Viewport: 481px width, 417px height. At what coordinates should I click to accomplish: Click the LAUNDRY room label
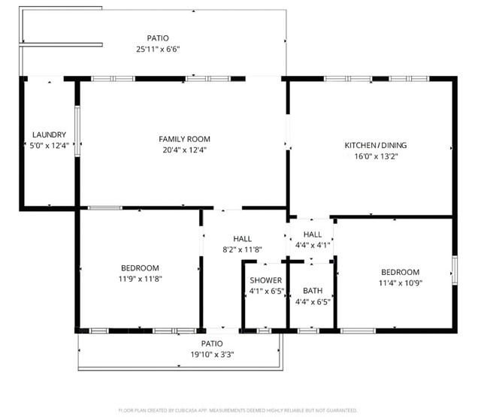[x=49, y=135]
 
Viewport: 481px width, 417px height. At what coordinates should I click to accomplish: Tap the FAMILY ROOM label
[x=184, y=139]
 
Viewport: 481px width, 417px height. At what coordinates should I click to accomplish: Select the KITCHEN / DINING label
[x=371, y=145]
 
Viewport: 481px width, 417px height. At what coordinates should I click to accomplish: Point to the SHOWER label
[x=265, y=280]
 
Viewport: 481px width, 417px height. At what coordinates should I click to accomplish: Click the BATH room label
[x=313, y=291]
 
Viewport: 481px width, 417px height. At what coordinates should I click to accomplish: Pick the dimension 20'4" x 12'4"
[x=184, y=150]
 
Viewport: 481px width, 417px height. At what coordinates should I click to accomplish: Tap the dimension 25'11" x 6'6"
[x=158, y=49]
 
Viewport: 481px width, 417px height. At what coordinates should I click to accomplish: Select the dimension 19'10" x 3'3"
[x=212, y=355]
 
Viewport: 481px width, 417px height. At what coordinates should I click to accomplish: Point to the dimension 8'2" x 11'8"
[x=242, y=249]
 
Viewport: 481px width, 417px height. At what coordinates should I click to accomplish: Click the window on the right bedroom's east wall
[x=454, y=269]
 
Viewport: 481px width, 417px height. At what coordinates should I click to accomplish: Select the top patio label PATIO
[x=158, y=38]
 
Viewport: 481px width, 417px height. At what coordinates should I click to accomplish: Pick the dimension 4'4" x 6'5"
[x=313, y=302]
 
